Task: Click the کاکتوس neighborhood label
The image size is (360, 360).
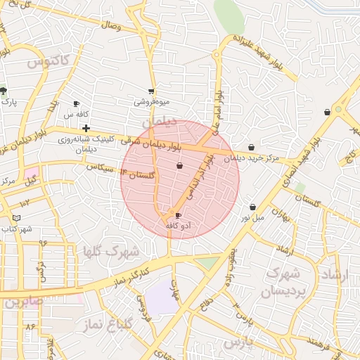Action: pos(49,62)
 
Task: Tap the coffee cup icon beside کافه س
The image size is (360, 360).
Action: pos(77,103)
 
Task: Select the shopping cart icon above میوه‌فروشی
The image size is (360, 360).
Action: pos(151,91)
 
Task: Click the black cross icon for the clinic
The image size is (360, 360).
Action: pos(86,128)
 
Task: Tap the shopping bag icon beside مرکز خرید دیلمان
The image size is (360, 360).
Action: pos(252,148)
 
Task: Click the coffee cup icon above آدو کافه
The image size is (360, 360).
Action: pos(177,215)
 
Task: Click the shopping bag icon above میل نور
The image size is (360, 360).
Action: pos(253,207)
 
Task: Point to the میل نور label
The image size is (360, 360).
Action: pos(253,217)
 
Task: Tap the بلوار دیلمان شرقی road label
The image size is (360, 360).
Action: pos(159,142)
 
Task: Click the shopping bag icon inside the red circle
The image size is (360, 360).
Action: pos(180,166)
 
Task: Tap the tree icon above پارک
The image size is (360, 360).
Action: pos(4,91)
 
